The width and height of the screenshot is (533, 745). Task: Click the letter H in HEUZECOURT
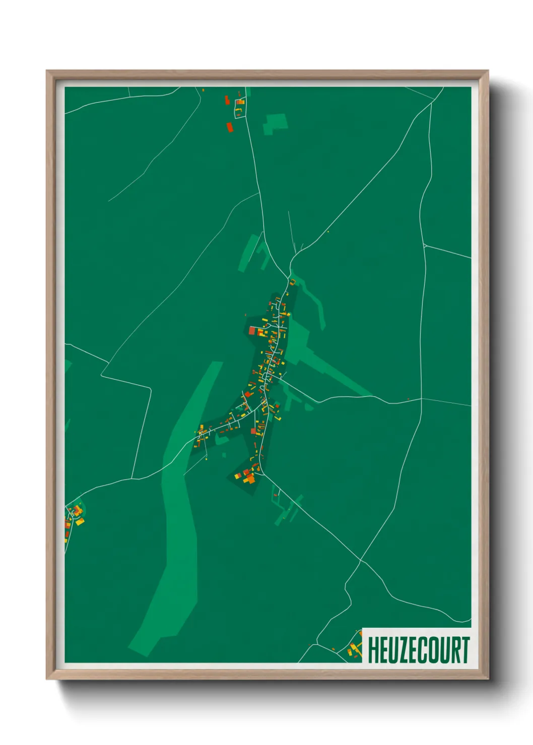(x=374, y=650)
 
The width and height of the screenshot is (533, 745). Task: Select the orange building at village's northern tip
(x=292, y=281)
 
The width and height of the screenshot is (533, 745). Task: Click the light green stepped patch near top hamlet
(x=275, y=123)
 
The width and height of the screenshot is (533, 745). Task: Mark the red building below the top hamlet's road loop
(x=230, y=127)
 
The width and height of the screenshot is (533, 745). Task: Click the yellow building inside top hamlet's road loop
(x=240, y=102)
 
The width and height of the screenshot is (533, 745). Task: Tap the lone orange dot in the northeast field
(x=328, y=232)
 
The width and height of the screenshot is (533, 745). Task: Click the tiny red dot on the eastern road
(x=408, y=399)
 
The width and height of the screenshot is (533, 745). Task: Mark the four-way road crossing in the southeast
(x=360, y=560)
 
